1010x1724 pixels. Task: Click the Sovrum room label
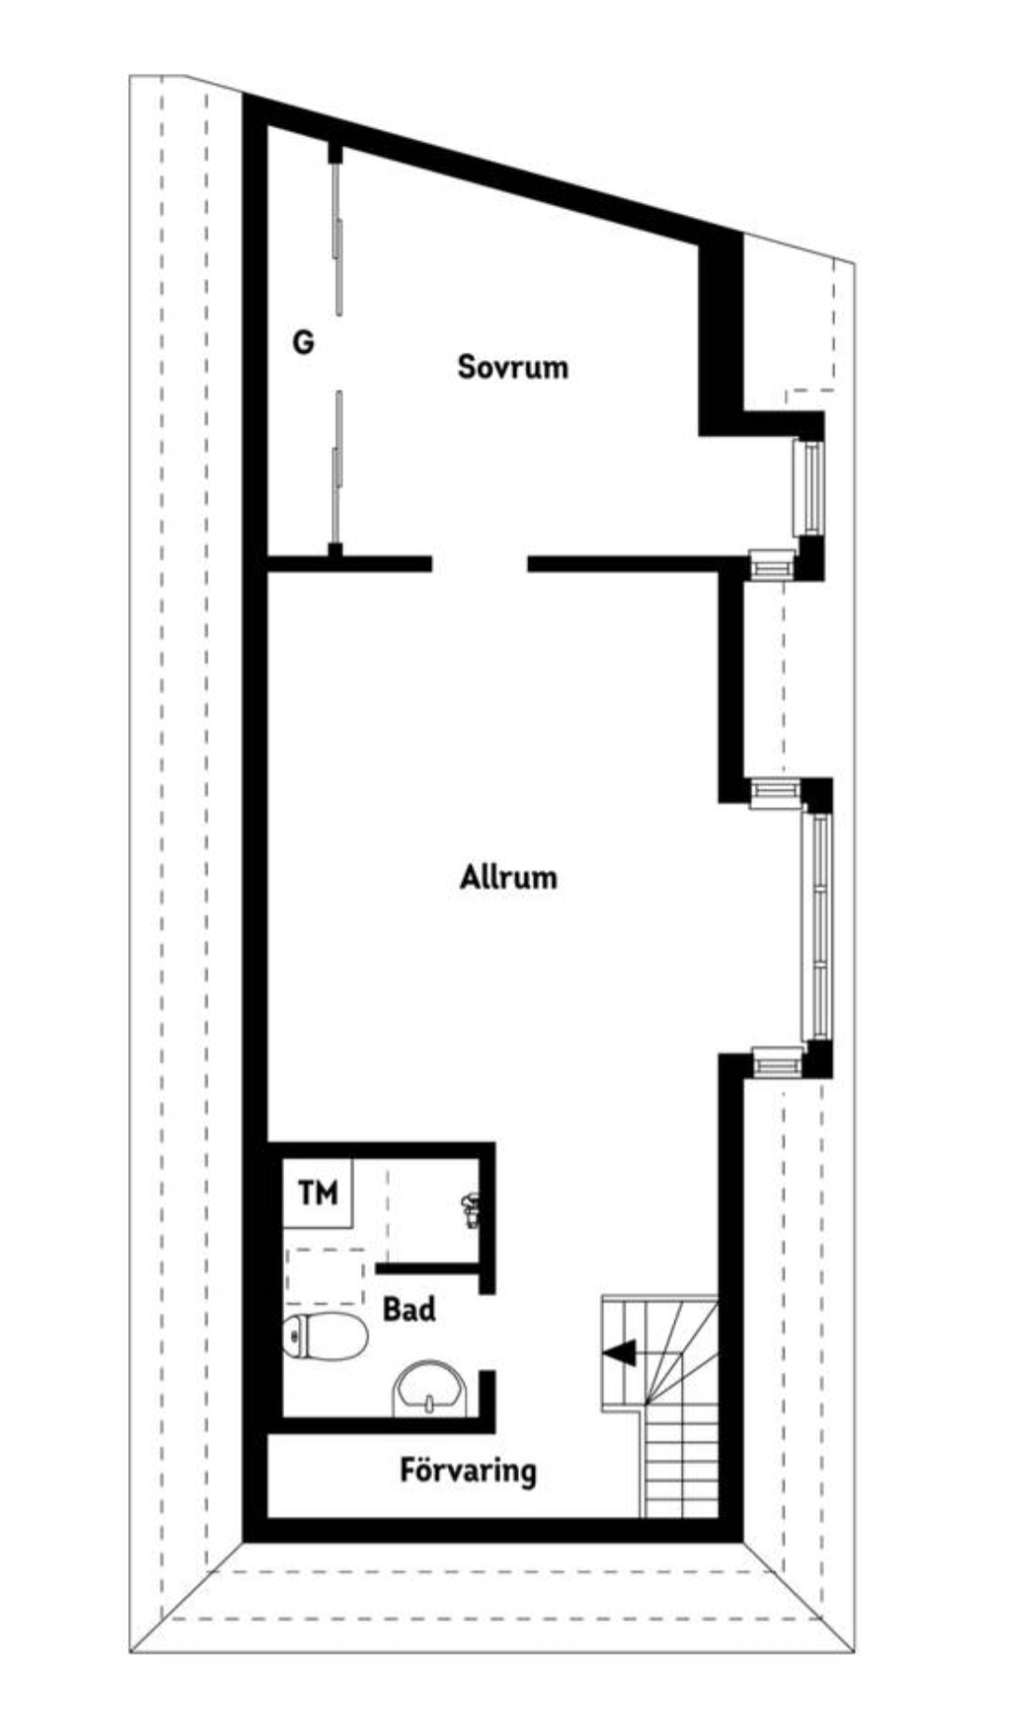tap(512, 366)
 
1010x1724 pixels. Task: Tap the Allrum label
tap(509, 877)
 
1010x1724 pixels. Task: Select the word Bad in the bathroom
tap(410, 1309)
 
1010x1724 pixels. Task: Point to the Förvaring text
tap(469, 1470)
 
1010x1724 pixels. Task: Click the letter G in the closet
tap(303, 342)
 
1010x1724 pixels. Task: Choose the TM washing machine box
tap(318, 1193)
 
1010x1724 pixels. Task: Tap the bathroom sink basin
tap(429, 1390)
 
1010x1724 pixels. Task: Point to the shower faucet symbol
tap(472, 1210)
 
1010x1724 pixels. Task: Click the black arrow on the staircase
tap(619, 1353)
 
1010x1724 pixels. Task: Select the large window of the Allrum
tap(819, 927)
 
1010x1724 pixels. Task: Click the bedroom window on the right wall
tap(808, 487)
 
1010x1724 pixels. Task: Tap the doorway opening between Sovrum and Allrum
tap(480, 564)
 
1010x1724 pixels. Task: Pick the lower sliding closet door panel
tap(337, 468)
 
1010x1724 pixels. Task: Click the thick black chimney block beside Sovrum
tap(721, 332)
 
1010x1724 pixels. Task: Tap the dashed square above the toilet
tap(325, 1276)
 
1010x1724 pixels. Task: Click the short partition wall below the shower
tap(428, 1268)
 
